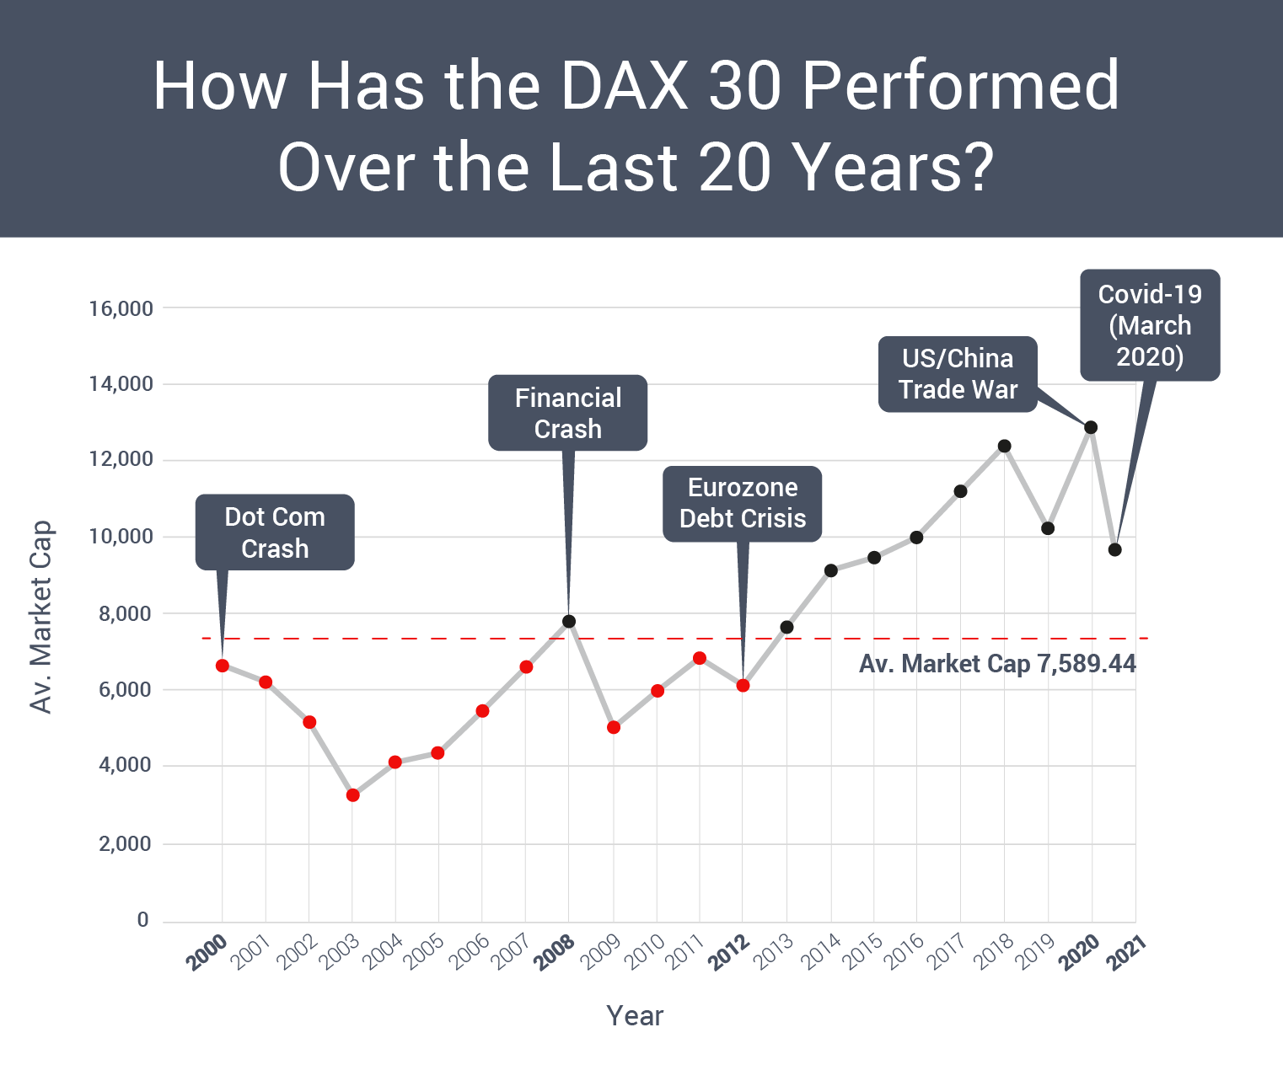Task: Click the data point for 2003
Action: pyautogui.click(x=352, y=794)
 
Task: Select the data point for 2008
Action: pyautogui.click(x=569, y=622)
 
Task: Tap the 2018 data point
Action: pyautogui.click(x=1004, y=446)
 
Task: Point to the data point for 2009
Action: pyautogui.click(x=614, y=727)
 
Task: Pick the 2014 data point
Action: pyautogui.click(x=831, y=570)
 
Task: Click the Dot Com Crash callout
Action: pyautogui.click(x=275, y=532)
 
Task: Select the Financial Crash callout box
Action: pyautogui.click(x=567, y=413)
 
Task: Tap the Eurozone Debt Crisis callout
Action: pyautogui.click(x=742, y=503)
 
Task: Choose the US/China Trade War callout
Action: pyautogui.click(x=958, y=374)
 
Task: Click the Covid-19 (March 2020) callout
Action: pyautogui.click(x=1150, y=325)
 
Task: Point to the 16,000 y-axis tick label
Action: pyautogui.click(x=121, y=308)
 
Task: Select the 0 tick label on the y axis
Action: pyautogui.click(x=143, y=920)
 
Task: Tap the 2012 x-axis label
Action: pyautogui.click(x=729, y=952)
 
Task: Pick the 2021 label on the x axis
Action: pyautogui.click(x=1126, y=952)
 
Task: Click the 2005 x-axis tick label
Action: pyautogui.click(x=425, y=952)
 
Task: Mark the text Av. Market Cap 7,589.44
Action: pyautogui.click(x=997, y=664)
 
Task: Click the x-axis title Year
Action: pyautogui.click(x=635, y=1016)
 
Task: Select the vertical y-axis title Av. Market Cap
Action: pyautogui.click(x=40, y=617)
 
